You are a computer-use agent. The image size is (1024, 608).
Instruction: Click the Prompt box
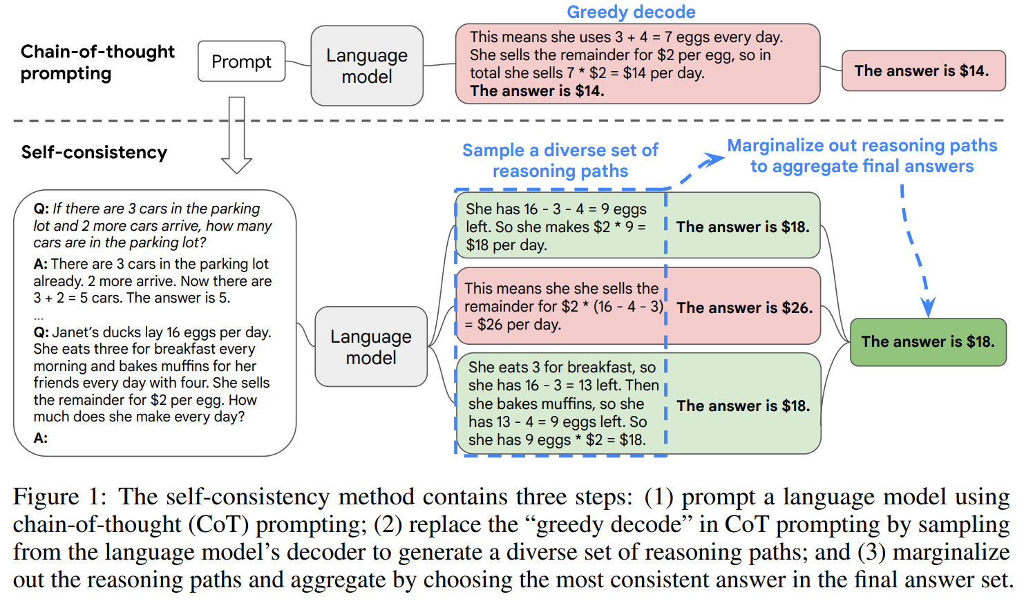point(241,61)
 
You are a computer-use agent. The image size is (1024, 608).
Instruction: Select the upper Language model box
point(367,66)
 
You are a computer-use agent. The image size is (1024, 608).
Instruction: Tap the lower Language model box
point(371,347)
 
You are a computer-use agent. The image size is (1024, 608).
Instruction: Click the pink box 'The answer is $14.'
point(923,71)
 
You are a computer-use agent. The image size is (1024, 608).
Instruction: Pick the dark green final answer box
point(928,342)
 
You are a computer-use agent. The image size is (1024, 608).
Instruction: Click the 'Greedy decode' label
point(631,12)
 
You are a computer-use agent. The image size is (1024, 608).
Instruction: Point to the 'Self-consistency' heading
point(94,152)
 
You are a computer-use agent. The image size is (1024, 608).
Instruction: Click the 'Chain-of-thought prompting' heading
point(97,63)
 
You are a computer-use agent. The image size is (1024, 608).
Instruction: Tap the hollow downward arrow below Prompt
point(236,135)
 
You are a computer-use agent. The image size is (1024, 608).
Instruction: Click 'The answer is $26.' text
point(745,307)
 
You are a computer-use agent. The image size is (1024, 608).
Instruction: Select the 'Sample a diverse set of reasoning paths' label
point(560,160)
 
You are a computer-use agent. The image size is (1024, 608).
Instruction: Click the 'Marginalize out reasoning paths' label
point(862,145)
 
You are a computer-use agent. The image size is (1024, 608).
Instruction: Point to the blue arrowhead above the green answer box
point(928,307)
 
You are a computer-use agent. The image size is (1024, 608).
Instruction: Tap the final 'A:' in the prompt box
point(40,438)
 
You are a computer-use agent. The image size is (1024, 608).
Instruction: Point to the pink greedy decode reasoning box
point(638,64)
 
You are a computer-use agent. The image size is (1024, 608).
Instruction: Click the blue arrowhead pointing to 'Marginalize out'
point(713,160)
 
